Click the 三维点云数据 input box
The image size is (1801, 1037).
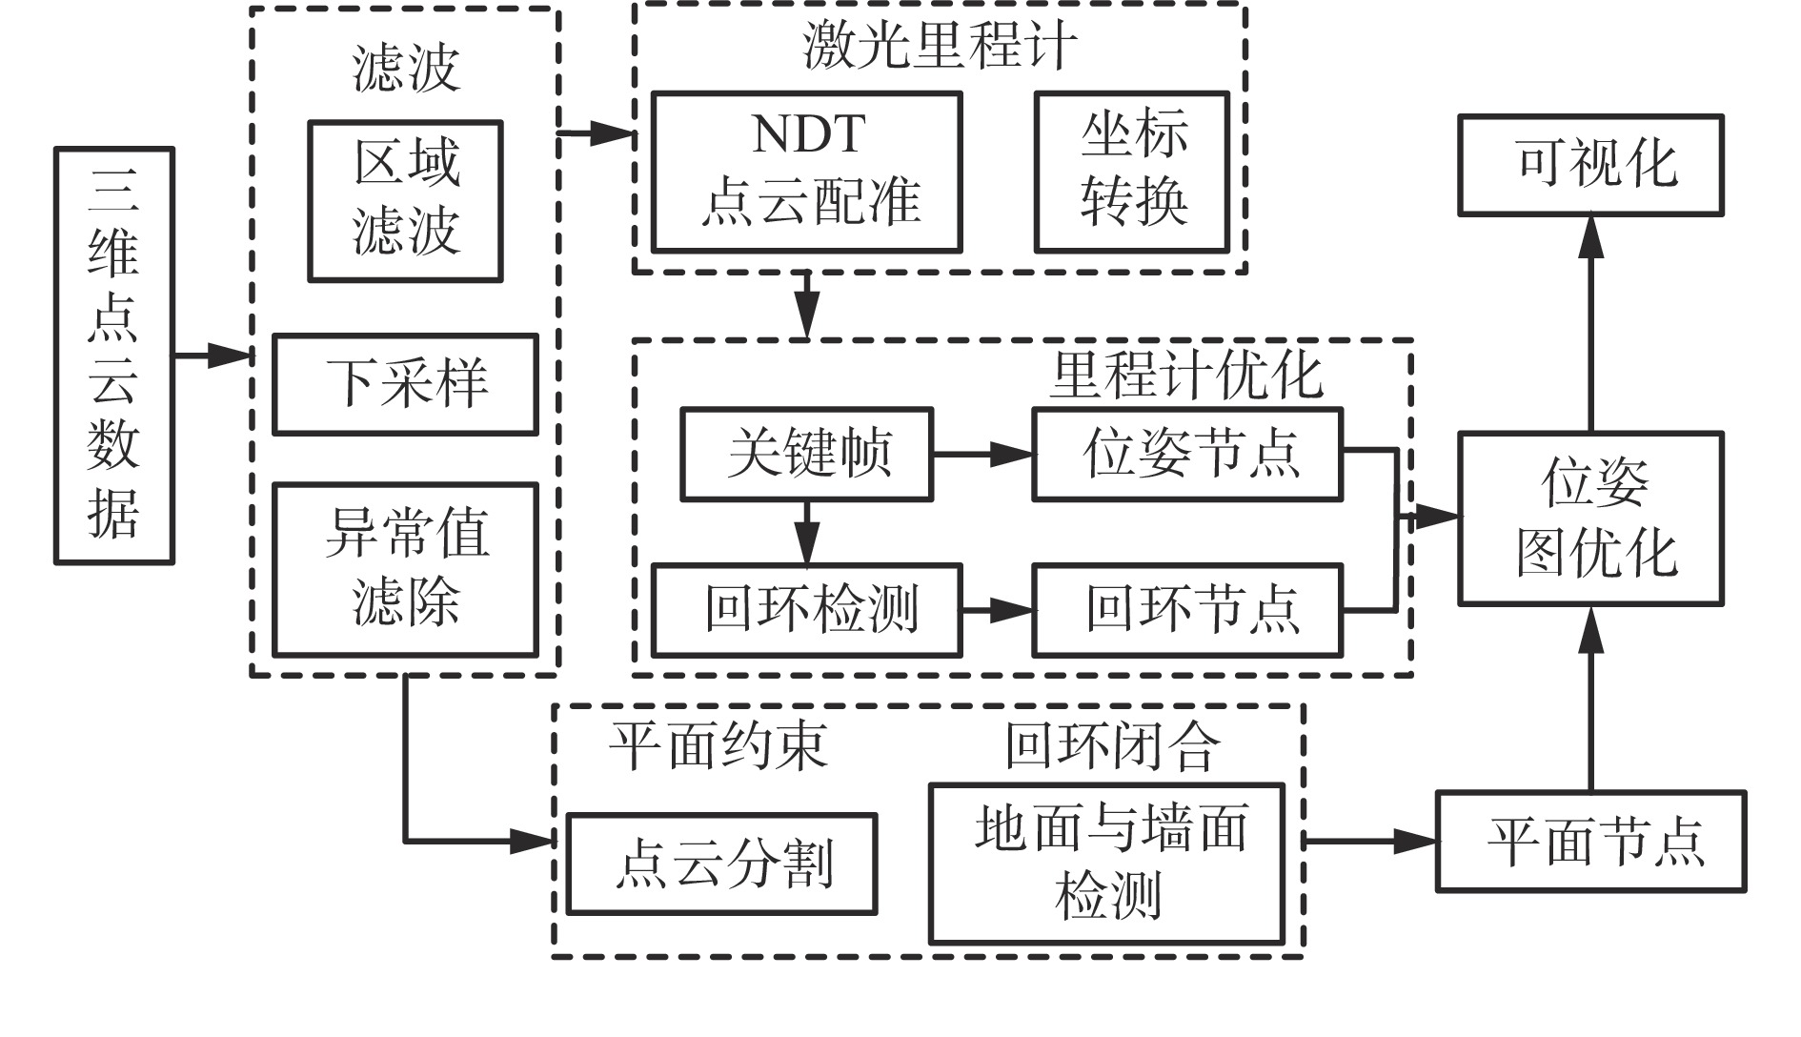click(x=113, y=356)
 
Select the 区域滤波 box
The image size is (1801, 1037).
click(x=405, y=200)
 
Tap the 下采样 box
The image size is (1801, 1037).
click(x=405, y=383)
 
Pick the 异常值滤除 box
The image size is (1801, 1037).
click(x=405, y=569)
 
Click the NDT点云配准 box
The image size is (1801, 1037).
click(x=806, y=172)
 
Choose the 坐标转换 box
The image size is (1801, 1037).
click(x=1131, y=172)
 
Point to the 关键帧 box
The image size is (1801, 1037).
click(x=806, y=454)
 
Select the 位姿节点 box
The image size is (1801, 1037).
click(x=1187, y=454)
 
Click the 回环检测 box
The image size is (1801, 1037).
click(x=806, y=610)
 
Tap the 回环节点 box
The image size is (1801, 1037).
click(x=1187, y=610)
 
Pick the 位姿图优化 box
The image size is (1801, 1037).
click(x=1590, y=518)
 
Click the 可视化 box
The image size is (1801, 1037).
click(x=1590, y=165)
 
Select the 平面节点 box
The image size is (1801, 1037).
click(x=1590, y=841)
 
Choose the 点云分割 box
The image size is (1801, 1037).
click(x=721, y=864)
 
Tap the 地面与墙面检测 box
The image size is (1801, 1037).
click(x=1106, y=864)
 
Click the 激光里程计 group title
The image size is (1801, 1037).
click(x=939, y=45)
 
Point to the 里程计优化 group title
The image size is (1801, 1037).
click(x=1186, y=375)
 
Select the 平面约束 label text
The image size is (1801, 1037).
click(x=718, y=744)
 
